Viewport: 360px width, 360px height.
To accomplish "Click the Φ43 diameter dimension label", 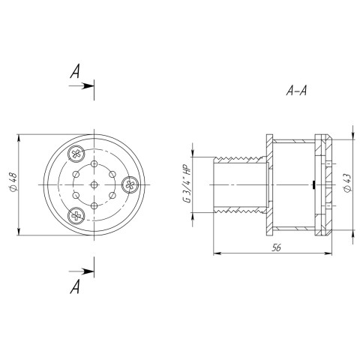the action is point(347,182).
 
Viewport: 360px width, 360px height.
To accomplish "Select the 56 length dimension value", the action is point(277,247).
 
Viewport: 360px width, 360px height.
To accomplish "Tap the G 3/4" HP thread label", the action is point(187,185).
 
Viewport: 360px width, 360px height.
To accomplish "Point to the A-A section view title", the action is point(296,91).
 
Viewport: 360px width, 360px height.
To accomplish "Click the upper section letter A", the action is point(75,71).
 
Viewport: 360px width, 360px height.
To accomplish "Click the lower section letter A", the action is point(75,286).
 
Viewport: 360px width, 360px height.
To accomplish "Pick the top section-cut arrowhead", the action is point(88,86).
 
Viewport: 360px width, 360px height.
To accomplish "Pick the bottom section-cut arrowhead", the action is point(88,271).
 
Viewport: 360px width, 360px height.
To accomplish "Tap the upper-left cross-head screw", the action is point(76,154).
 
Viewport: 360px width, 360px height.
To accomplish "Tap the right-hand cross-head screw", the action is point(130,184).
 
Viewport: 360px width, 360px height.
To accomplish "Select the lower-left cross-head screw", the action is point(76,215).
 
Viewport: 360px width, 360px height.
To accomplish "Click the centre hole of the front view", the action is point(94,184).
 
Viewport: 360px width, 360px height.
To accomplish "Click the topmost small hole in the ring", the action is point(94,163).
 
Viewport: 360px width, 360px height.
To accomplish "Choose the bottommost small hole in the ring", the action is point(94,205).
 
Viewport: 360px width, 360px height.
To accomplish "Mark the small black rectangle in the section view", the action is point(313,185).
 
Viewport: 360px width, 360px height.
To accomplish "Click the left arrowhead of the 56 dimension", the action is point(217,253).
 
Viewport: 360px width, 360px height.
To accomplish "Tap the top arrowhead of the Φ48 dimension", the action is point(19,138).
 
